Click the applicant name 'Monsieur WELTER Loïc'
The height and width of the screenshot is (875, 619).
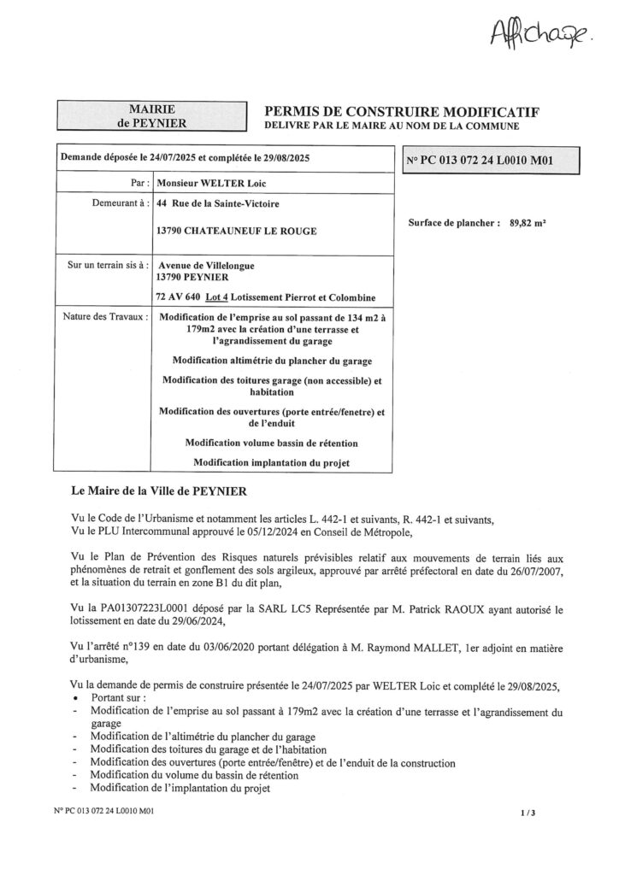pyautogui.click(x=218, y=183)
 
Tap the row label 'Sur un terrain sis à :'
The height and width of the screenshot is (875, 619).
pyautogui.click(x=104, y=266)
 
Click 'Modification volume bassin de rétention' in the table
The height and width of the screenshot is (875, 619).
pyautogui.click(x=272, y=443)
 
